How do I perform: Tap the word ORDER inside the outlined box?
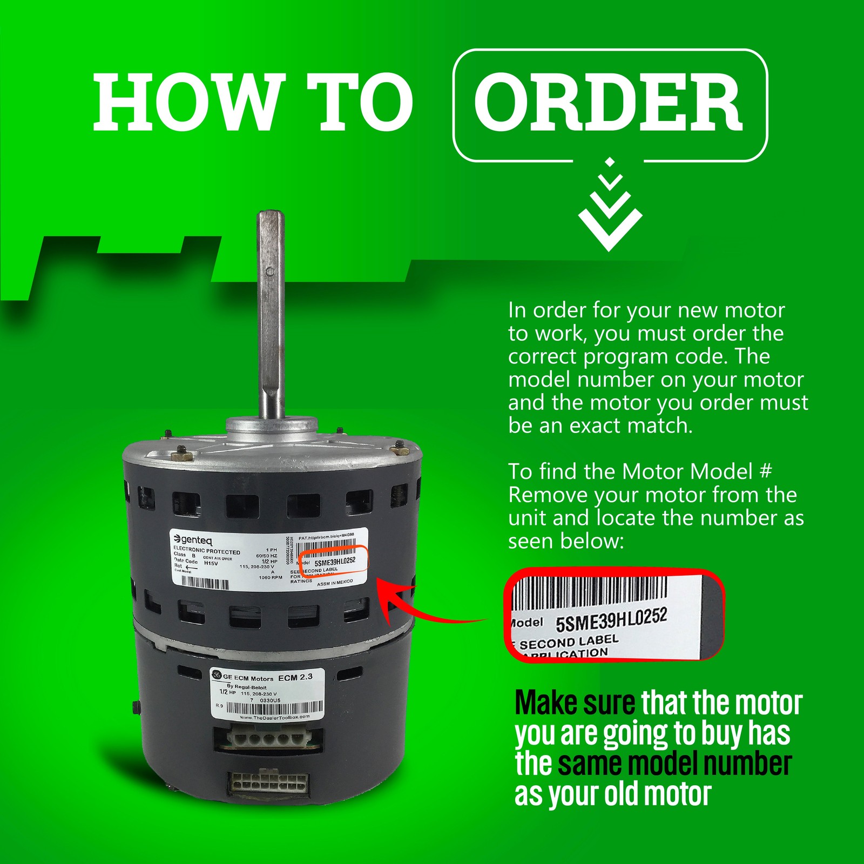click(609, 104)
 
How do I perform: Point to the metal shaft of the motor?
click(271, 313)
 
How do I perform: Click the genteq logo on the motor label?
click(193, 539)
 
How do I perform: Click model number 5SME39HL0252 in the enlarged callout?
click(611, 620)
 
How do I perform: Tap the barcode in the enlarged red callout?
click(589, 591)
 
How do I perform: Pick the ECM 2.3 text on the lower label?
click(295, 677)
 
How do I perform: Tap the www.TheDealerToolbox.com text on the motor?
click(274, 717)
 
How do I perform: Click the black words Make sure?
click(575, 703)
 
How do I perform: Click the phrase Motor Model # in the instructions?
click(697, 472)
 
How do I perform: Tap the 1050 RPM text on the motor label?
click(271, 577)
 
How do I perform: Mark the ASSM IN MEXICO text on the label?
click(335, 583)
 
